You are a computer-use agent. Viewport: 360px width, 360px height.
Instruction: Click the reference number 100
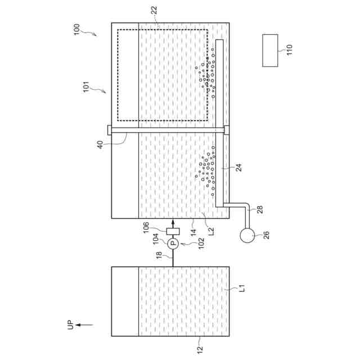[76, 29]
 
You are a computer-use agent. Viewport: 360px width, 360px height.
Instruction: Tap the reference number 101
[86, 87]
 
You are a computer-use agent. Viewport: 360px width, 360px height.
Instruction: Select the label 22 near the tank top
[154, 10]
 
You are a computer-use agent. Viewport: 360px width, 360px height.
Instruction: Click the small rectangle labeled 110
[270, 51]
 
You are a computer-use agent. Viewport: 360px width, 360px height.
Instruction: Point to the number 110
[290, 49]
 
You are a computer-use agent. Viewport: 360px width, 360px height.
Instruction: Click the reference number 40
[100, 145]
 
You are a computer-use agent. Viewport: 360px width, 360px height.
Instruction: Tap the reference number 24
[239, 168]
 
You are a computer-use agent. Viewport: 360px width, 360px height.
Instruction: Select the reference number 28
[260, 209]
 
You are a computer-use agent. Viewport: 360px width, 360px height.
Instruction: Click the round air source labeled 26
[247, 235]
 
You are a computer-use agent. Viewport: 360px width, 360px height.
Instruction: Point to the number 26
[266, 235]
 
